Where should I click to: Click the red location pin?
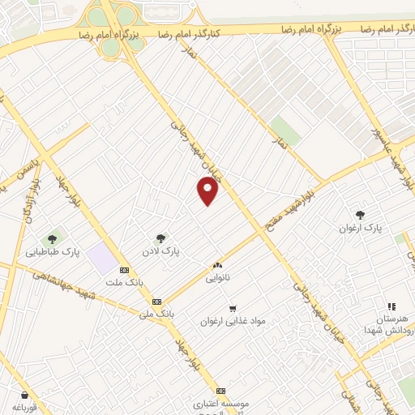[x=208, y=190]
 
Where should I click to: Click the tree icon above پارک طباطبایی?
[x=52, y=238]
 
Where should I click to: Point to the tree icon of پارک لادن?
[x=160, y=238]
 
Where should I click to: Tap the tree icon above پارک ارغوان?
[x=360, y=215]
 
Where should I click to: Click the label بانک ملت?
[x=123, y=283]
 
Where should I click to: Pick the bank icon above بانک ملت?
[x=123, y=271]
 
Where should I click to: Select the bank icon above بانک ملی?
[x=156, y=301]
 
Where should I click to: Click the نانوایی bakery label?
[x=216, y=277]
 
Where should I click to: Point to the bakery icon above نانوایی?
[x=216, y=265]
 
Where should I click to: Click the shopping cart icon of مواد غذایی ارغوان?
[x=233, y=308]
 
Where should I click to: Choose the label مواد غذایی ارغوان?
[x=233, y=321]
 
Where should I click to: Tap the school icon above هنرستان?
[x=391, y=306]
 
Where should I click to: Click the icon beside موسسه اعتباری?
[x=220, y=390]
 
